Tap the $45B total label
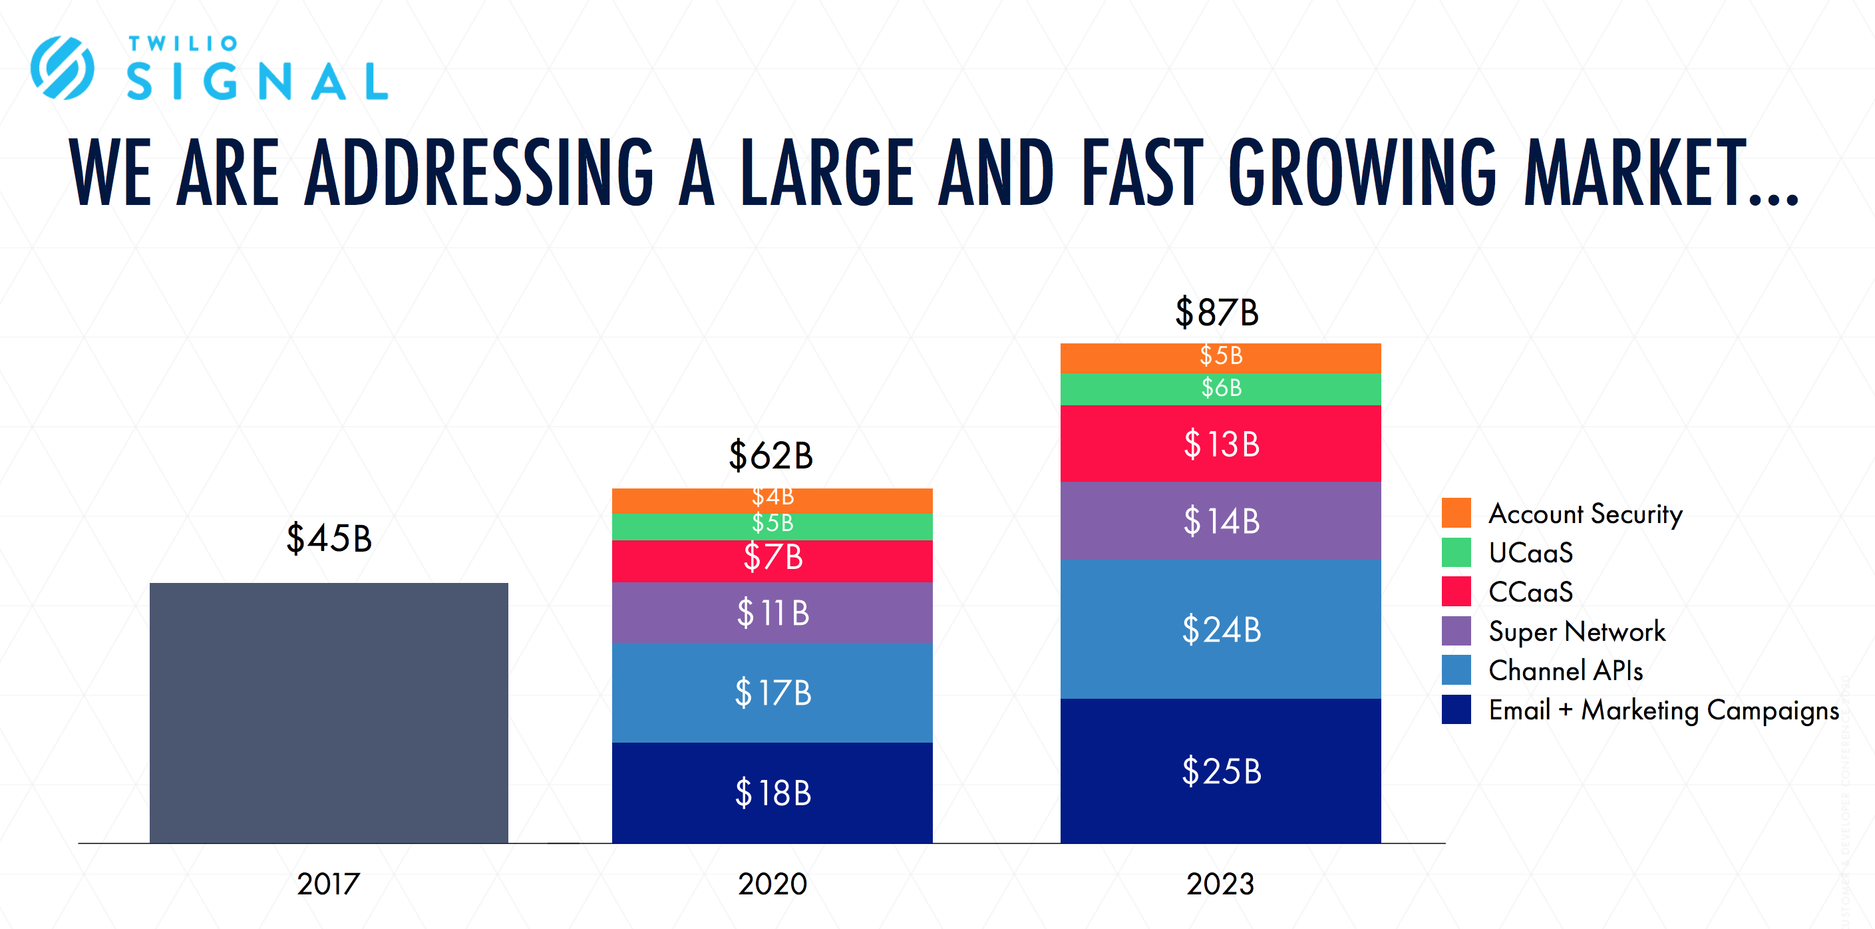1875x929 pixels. click(x=328, y=539)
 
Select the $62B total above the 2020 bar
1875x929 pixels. click(x=770, y=456)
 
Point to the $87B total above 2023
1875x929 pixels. click(x=1217, y=312)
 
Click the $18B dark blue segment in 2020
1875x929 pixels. click(x=772, y=792)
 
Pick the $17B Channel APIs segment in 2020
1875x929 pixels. click(x=772, y=691)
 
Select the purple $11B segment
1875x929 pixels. click(x=772, y=612)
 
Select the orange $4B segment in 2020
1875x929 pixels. click(x=772, y=500)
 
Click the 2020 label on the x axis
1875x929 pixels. click(x=772, y=884)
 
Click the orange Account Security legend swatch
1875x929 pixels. click(x=1456, y=512)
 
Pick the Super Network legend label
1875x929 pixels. click(x=1576, y=632)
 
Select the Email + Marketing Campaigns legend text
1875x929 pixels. click(x=1663, y=710)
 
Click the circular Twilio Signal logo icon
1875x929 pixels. click(x=63, y=68)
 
